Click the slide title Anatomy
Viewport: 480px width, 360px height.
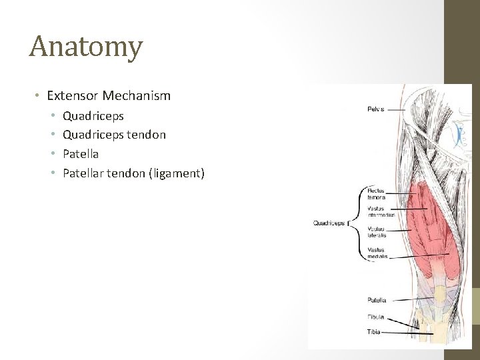[x=86, y=47]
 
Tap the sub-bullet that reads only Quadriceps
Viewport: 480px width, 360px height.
[x=93, y=116]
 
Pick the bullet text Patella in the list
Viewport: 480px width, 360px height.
[x=81, y=154]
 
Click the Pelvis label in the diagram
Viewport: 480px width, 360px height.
[x=376, y=109]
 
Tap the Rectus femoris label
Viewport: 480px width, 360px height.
[x=377, y=195]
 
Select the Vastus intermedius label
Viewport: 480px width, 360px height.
[x=381, y=212]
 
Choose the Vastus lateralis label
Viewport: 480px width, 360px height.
[x=377, y=232]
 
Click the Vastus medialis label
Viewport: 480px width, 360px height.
[x=377, y=253]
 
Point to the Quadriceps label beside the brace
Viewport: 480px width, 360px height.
[x=329, y=223]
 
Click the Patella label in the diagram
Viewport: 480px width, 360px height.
[x=377, y=300]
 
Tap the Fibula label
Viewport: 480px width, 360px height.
[x=375, y=317]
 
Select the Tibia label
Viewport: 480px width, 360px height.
[x=373, y=331]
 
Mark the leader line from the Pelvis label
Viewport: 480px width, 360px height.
[x=396, y=109]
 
